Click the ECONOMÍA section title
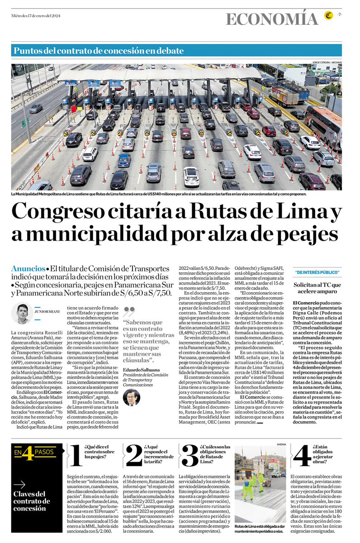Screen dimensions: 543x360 272,19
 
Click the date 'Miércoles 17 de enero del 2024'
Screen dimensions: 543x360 36,16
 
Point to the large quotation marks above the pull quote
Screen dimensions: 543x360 129,312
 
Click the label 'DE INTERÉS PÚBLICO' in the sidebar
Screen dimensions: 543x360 317,272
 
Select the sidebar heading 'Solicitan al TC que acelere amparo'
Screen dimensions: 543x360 317,288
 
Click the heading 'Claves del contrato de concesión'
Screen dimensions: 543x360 32,501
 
